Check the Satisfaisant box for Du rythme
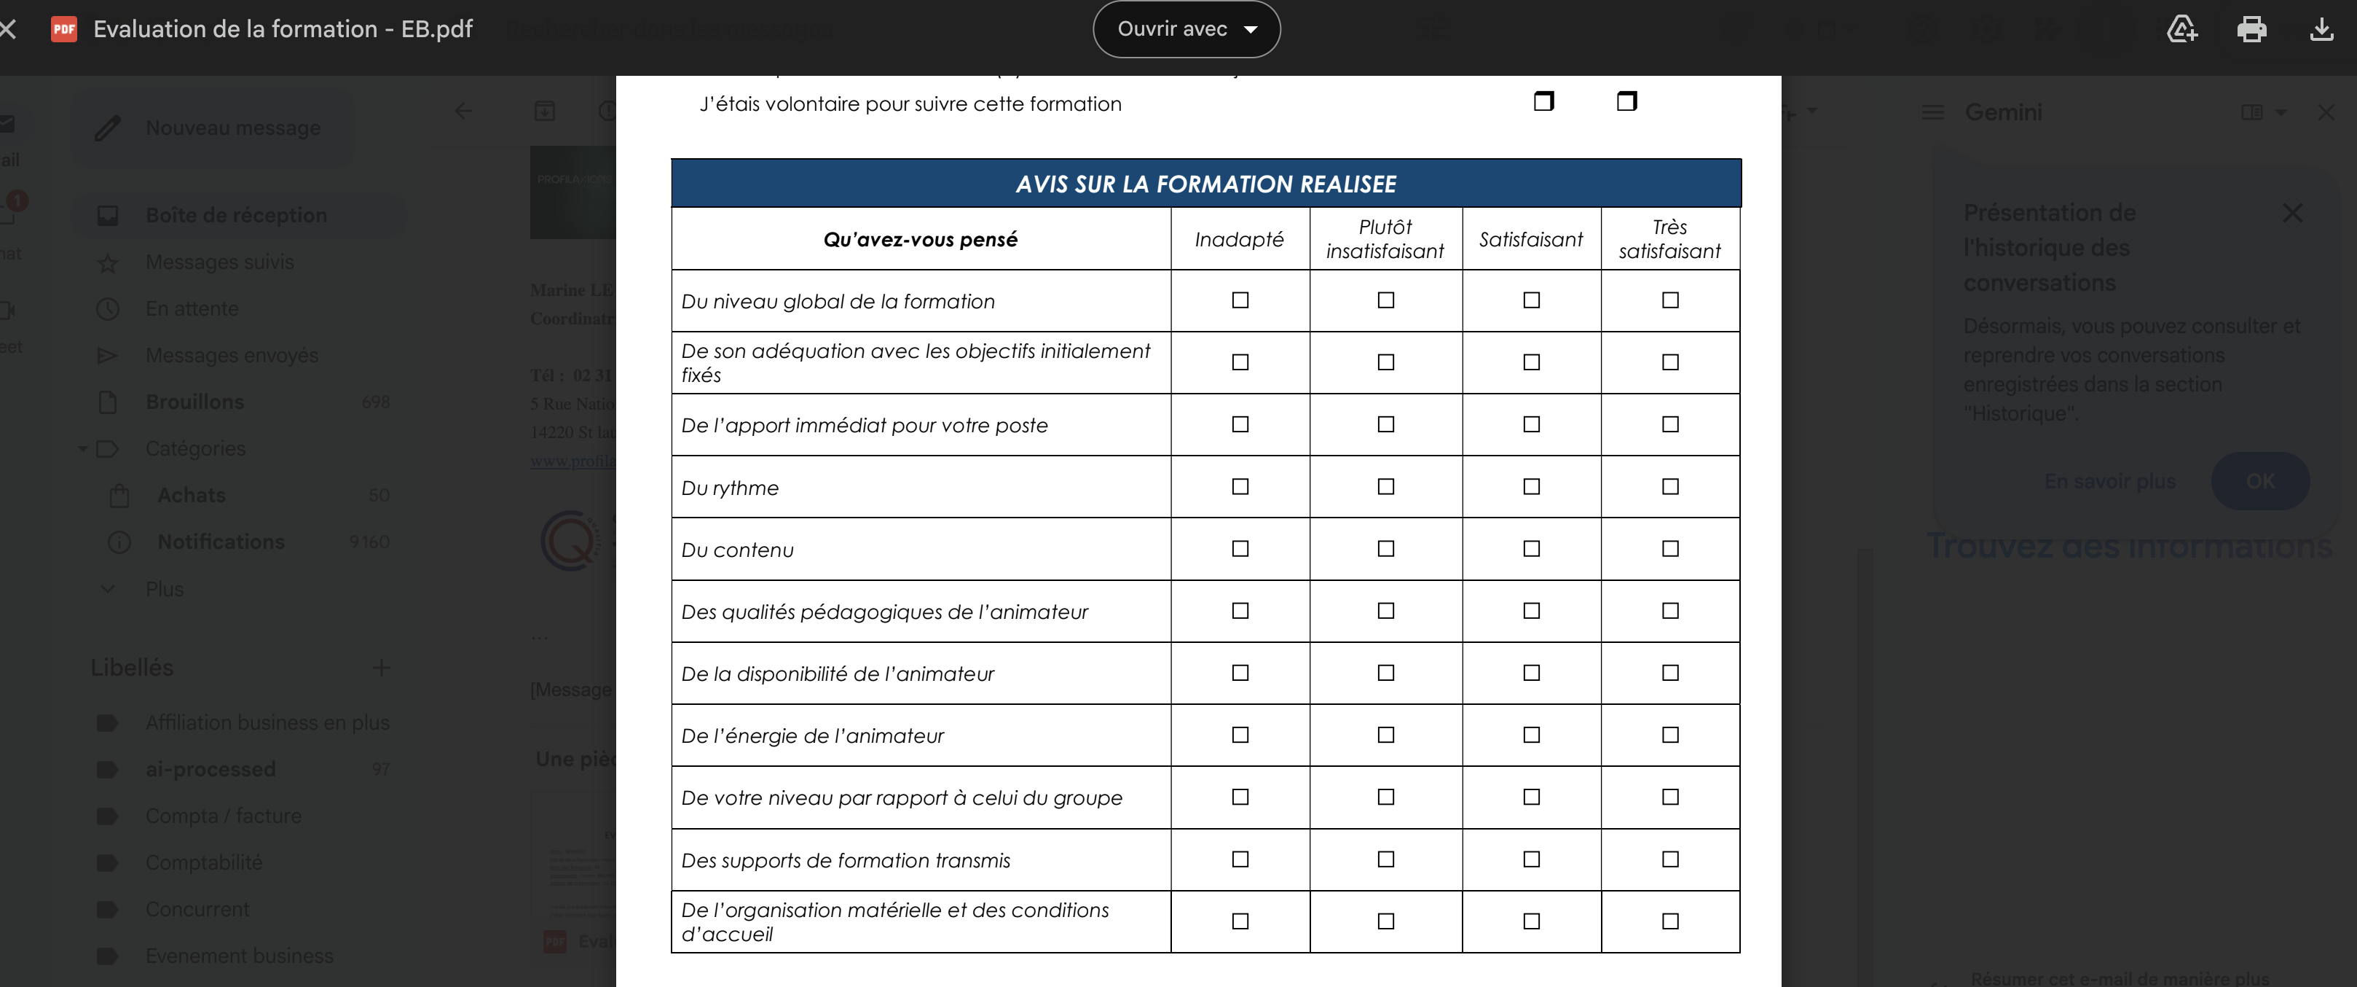pyautogui.click(x=1531, y=486)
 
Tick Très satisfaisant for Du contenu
pyautogui.click(x=1670, y=548)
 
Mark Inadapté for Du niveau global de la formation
pyautogui.click(x=1240, y=300)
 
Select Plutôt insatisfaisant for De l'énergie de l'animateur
pyautogui.click(x=1385, y=736)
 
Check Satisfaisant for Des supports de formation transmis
pyautogui.click(x=1531, y=859)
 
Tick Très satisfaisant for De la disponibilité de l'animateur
pyautogui.click(x=1670, y=673)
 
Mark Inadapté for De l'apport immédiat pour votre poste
pyautogui.click(x=1240, y=424)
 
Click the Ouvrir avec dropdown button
pyautogui.click(x=1186, y=29)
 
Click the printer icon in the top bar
pyautogui.click(x=2251, y=29)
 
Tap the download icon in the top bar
pyautogui.click(x=2321, y=29)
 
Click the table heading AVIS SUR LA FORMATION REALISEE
pyautogui.click(x=1205, y=184)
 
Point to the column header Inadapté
pyautogui.click(x=1239, y=239)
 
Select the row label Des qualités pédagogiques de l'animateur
pyautogui.click(x=884, y=612)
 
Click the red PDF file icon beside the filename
pyautogui.click(x=64, y=29)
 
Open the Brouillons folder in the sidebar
pyautogui.click(x=195, y=402)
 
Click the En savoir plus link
pyautogui.click(x=2109, y=482)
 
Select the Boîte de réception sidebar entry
pyautogui.click(x=236, y=215)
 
